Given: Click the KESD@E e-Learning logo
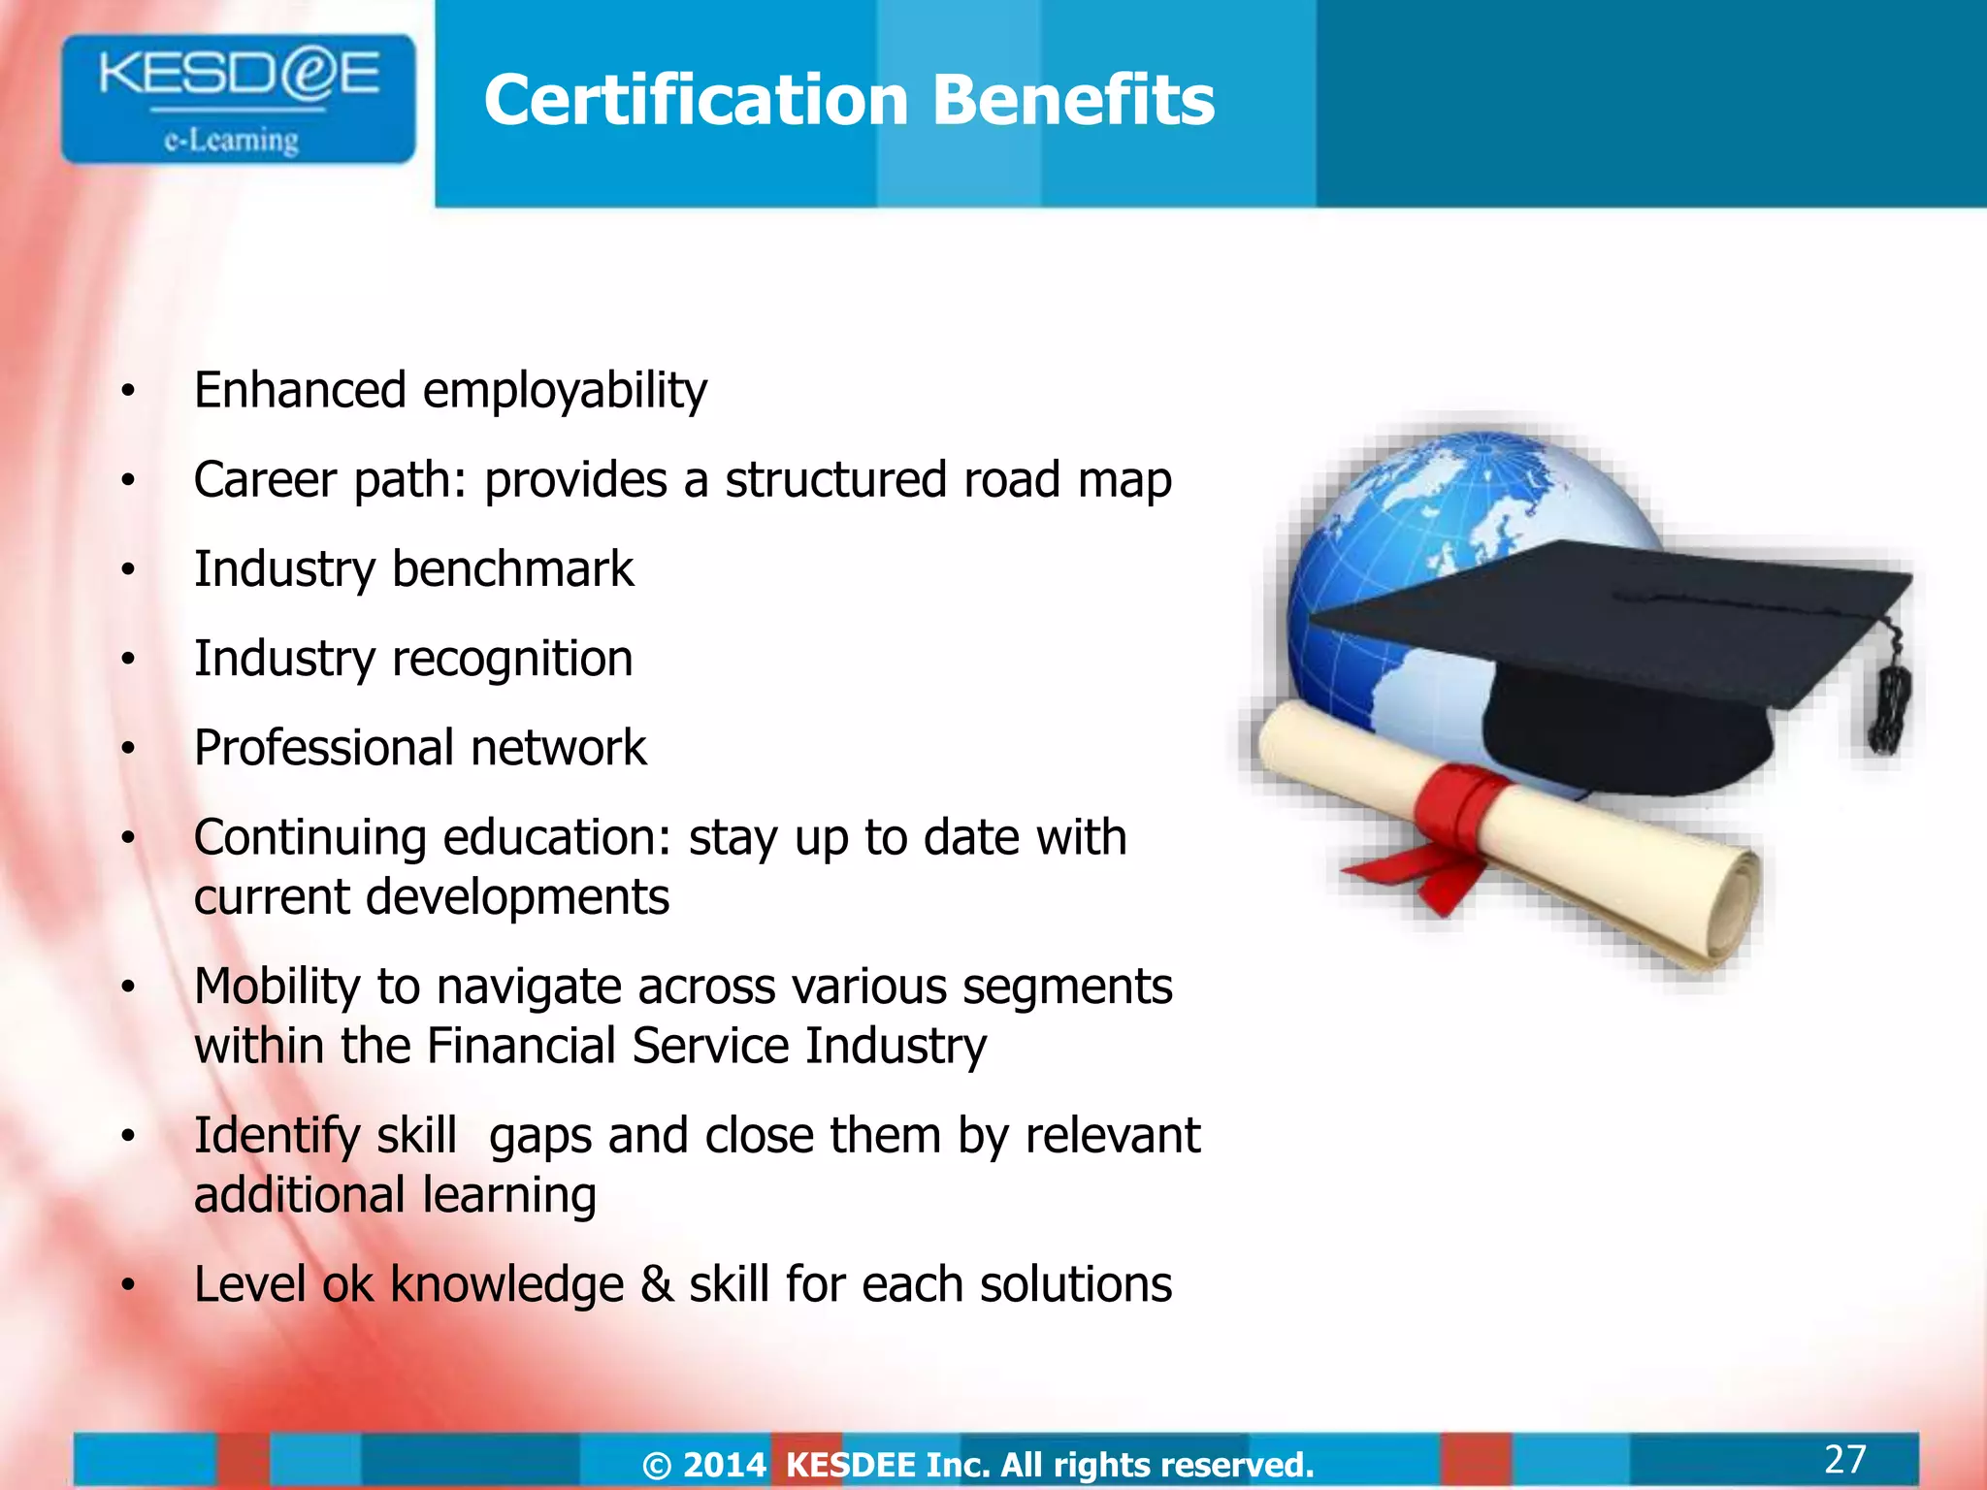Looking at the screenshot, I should click(238, 99).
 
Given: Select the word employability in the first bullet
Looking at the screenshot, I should click(565, 391).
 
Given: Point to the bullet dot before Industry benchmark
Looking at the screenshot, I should click(127, 570).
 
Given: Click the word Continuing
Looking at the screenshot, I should click(309, 837).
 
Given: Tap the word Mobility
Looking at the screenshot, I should click(277, 987).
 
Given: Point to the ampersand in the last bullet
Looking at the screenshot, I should click(657, 1284).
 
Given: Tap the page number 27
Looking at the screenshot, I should click(1844, 1459).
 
